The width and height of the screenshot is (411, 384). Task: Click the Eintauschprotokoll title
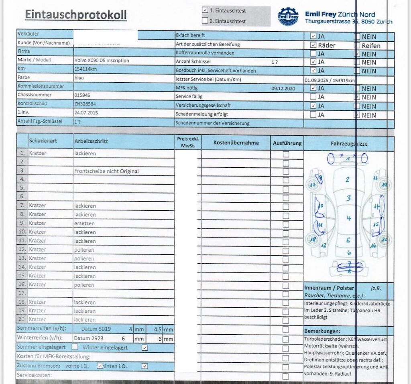click(75, 15)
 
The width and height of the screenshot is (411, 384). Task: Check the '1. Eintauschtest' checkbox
click(205, 10)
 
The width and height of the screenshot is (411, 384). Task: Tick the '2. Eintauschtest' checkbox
click(205, 21)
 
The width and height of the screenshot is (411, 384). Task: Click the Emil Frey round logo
click(288, 16)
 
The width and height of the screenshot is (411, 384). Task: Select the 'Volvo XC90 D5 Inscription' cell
click(102, 61)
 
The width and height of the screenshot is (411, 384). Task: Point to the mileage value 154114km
click(85, 69)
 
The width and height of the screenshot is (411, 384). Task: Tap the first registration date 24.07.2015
click(86, 112)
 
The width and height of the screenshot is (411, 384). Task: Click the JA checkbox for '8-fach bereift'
click(313, 36)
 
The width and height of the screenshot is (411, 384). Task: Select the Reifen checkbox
click(357, 45)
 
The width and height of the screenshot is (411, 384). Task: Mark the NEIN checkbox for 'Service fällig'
click(357, 97)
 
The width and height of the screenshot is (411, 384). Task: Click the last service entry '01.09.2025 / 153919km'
click(330, 80)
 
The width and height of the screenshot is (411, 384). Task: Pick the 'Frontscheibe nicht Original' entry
click(106, 171)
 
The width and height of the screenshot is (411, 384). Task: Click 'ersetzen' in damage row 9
click(84, 223)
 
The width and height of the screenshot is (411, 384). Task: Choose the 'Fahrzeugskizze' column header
click(349, 143)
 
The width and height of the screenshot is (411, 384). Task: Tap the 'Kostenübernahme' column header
click(236, 142)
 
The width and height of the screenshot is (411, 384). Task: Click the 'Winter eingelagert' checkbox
click(145, 347)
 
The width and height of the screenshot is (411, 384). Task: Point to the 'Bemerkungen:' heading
click(322, 331)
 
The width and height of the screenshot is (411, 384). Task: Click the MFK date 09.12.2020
click(283, 88)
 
